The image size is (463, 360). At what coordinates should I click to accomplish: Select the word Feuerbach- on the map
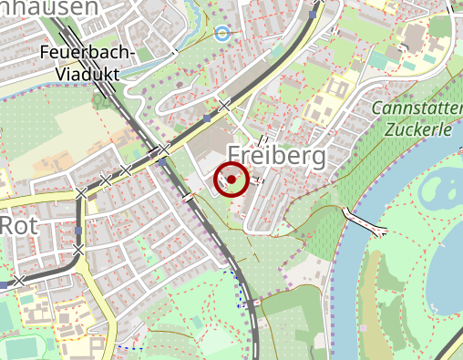point(87,54)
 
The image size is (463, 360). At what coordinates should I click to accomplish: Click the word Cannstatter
point(417,109)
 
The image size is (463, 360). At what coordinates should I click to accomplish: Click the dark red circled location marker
point(231,180)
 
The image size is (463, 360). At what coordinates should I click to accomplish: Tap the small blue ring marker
point(221,34)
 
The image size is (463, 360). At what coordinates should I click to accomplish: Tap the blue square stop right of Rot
point(78,230)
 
